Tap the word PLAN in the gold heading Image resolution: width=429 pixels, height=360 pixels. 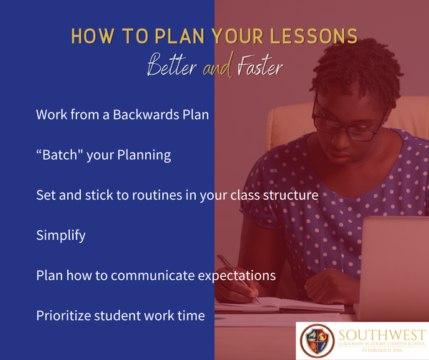(179, 36)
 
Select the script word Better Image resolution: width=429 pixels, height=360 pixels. (172, 65)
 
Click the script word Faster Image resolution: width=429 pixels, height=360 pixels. (260, 65)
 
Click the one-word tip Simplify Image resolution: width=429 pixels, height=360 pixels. (61, 235)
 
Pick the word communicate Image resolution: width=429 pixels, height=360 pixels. (153, 276)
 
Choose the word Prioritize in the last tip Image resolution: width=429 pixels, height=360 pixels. (64, 316)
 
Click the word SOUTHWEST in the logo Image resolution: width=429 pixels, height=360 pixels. (382, 336)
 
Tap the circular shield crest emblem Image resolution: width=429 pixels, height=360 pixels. (317, 341)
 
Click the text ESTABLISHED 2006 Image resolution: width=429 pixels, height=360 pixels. (383, 351)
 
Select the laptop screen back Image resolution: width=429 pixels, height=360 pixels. (394, 267)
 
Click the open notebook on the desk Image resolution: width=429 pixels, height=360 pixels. (279, 305)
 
